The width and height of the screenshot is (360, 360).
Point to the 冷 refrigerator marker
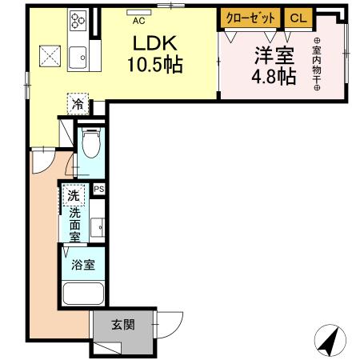click(78, 103)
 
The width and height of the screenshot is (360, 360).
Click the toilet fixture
click(91, 146)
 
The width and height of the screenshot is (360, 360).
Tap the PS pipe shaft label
click(98, 190)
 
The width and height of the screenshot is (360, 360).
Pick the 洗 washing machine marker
click(74, 194)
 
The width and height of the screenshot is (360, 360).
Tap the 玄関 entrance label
click(122, 325)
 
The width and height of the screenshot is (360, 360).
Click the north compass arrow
click(329, 341)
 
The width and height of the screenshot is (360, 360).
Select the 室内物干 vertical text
click(316, 65)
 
